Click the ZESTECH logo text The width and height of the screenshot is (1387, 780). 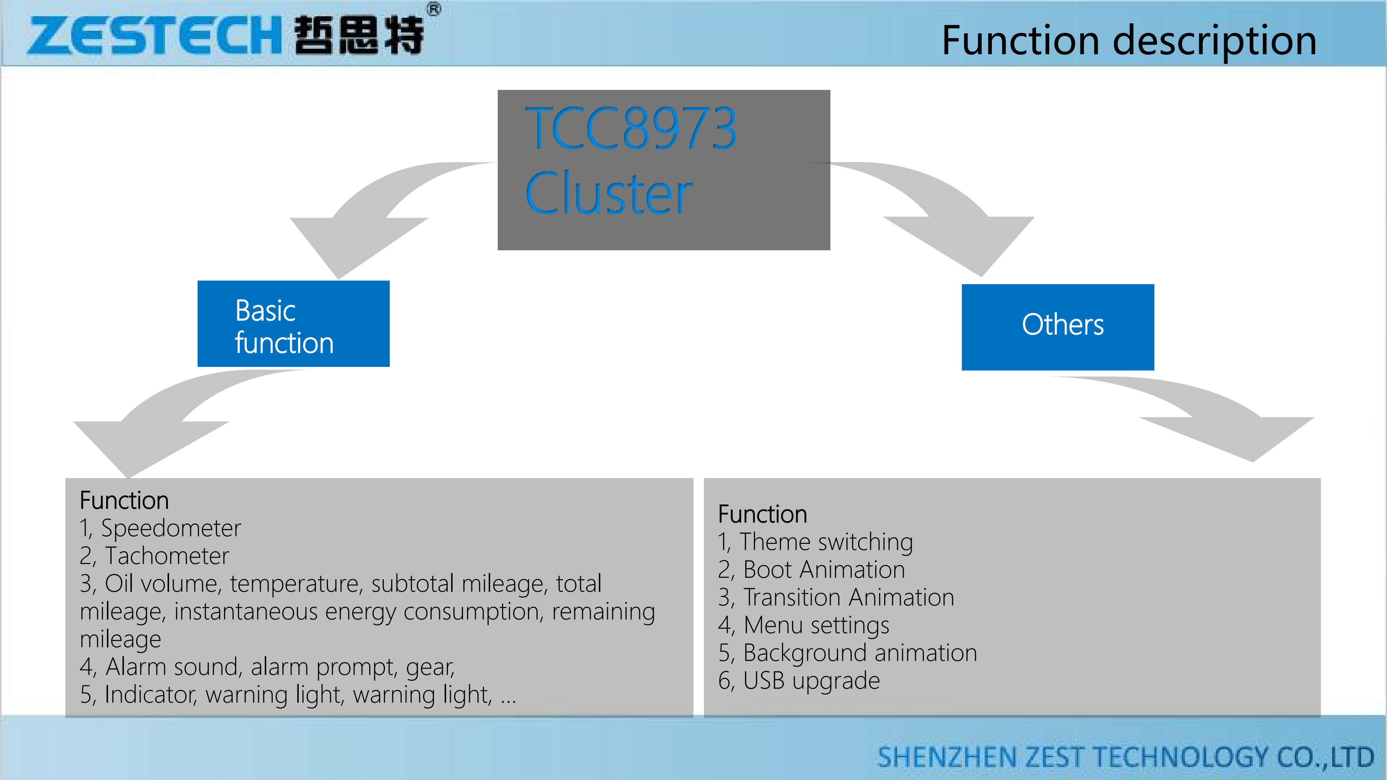point(154,35)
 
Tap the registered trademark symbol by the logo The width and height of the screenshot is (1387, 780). point(434,9)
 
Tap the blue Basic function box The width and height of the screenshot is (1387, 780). point(293,324)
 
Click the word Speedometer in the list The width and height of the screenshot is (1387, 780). point(171,528)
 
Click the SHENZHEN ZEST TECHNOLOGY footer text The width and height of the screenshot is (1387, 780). point(1125,757)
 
